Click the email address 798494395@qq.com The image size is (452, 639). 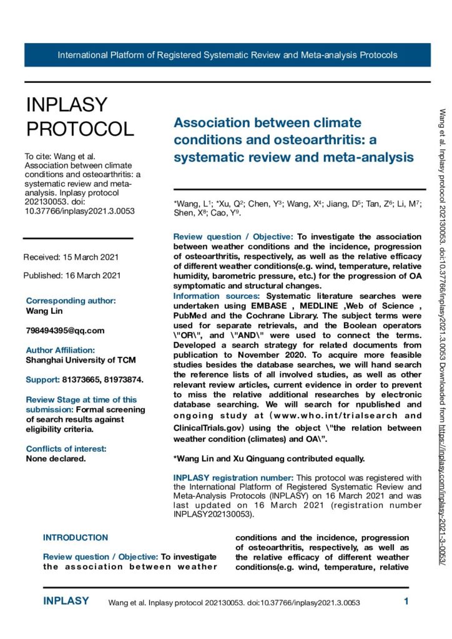click(65, 330)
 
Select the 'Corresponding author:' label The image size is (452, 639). click(71, 300)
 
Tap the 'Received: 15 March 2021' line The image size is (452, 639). click(71, 257)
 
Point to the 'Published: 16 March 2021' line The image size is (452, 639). click(72, 275)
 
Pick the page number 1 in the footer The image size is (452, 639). click(406, 602)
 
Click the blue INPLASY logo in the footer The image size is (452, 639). click(66, 602)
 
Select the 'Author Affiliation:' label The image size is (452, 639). click(60, 350)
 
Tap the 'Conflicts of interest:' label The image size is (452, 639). click(66, 448)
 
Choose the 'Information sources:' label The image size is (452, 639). click(218, 296)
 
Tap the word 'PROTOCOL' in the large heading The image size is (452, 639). click(80, 128)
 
